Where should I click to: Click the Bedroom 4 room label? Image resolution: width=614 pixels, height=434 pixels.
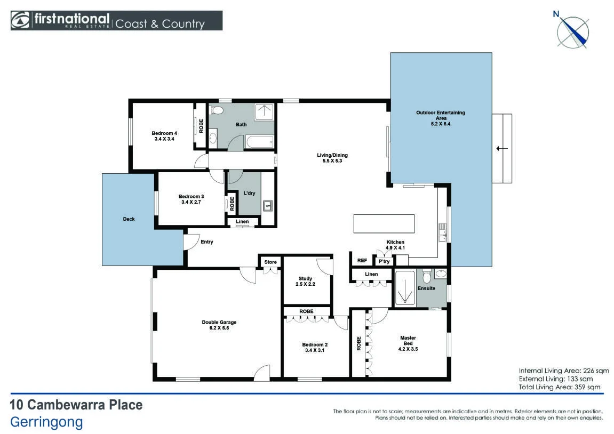click(x=164, y=133)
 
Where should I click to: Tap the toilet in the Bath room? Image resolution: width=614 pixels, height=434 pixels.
click(x=216, y=110)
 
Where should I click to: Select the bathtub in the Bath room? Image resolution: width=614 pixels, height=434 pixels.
click(x=260, y=141)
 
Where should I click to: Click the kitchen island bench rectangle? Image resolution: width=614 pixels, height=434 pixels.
click(x=384, y=224)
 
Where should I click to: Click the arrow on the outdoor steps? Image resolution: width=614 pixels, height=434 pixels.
click(x=501, y=148)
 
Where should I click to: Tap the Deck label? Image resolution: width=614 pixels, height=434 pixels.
click(x=129, y=219)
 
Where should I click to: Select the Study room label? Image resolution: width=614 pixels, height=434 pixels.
click(x=306, y=279)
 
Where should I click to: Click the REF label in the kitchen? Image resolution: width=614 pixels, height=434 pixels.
click(x=362, y=261)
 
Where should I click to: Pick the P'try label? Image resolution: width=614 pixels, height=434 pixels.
click(x=384, y=261)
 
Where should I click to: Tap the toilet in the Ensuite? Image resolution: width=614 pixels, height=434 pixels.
click(x=426, y=275)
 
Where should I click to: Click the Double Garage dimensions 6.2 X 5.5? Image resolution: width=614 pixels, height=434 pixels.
click(x=219, y=328)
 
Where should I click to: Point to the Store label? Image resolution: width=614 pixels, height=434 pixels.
click(x=270, y=262)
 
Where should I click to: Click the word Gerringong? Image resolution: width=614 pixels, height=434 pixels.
click(x=46, y=422)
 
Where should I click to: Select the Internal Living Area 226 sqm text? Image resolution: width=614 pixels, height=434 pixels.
click(x=564, y=371)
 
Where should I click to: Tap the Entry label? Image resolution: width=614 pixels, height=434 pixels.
click(x=207, y=242)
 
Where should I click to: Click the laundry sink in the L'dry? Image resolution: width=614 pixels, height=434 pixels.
click(x=268, y=206)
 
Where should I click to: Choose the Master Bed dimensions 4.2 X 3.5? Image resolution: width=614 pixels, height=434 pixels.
click(x=408, y=349)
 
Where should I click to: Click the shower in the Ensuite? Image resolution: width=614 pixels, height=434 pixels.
click(x=405, y=287)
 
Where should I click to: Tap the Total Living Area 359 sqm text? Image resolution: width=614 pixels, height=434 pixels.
click(x=560, y=387)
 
